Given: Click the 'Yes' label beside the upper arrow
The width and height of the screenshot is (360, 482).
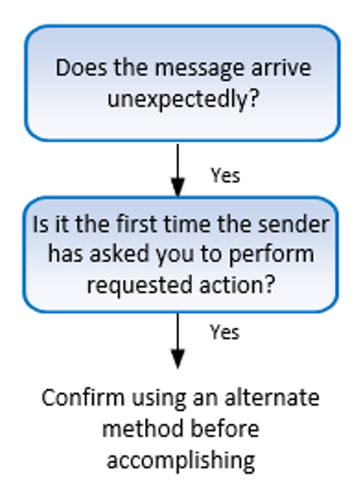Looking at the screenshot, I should pyautogui.click(x=226, y=175).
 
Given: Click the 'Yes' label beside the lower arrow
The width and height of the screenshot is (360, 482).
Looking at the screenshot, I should pyautogui.click(x=226, y=331).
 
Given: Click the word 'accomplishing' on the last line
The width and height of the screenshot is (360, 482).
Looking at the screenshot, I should pyautogui.click(x=181, y=459).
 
